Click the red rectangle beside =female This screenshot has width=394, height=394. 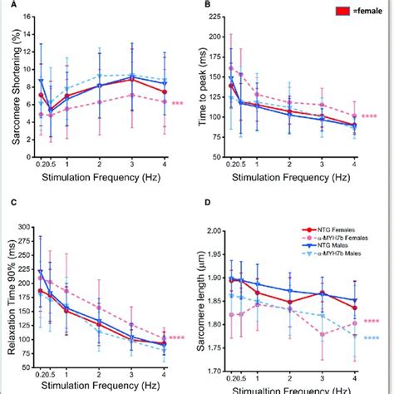click(x=338, y=12)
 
